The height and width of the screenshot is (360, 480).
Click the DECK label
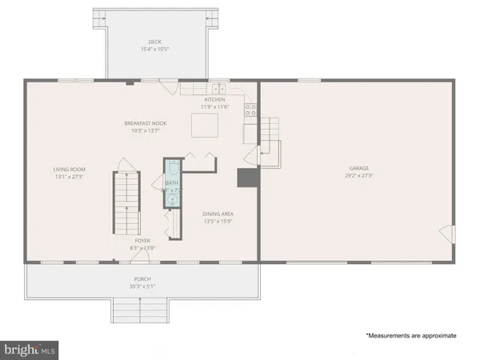pos(154,42)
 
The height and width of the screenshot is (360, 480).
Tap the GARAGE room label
pos(358,169)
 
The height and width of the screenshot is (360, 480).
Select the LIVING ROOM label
pos(70,169)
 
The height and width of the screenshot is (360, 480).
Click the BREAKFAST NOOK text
pos(142,122)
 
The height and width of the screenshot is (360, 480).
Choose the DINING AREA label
pos(218,214)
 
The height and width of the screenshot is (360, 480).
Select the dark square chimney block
pos(245,178)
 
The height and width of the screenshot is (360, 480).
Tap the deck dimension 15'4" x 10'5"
pos(154,50)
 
